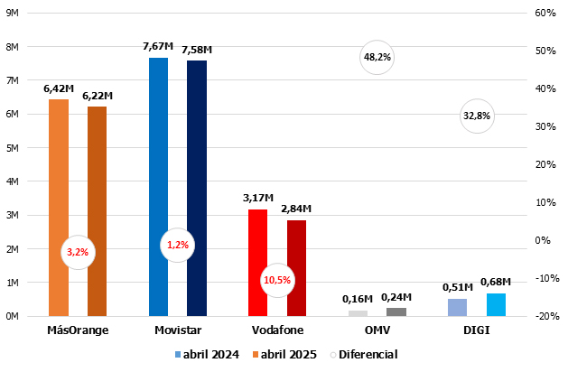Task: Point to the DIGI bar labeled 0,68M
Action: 496,305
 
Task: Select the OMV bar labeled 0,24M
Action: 396,312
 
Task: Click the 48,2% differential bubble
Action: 377,57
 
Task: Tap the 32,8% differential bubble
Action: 476,116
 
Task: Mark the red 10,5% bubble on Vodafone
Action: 277,280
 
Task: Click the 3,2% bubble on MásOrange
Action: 78,252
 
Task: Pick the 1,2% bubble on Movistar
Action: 178,245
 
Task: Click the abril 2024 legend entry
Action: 207,355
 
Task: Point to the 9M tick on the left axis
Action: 14,14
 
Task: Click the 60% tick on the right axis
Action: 545,14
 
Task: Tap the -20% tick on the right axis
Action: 545,316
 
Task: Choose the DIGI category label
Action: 476,330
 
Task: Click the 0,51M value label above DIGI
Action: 457,287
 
